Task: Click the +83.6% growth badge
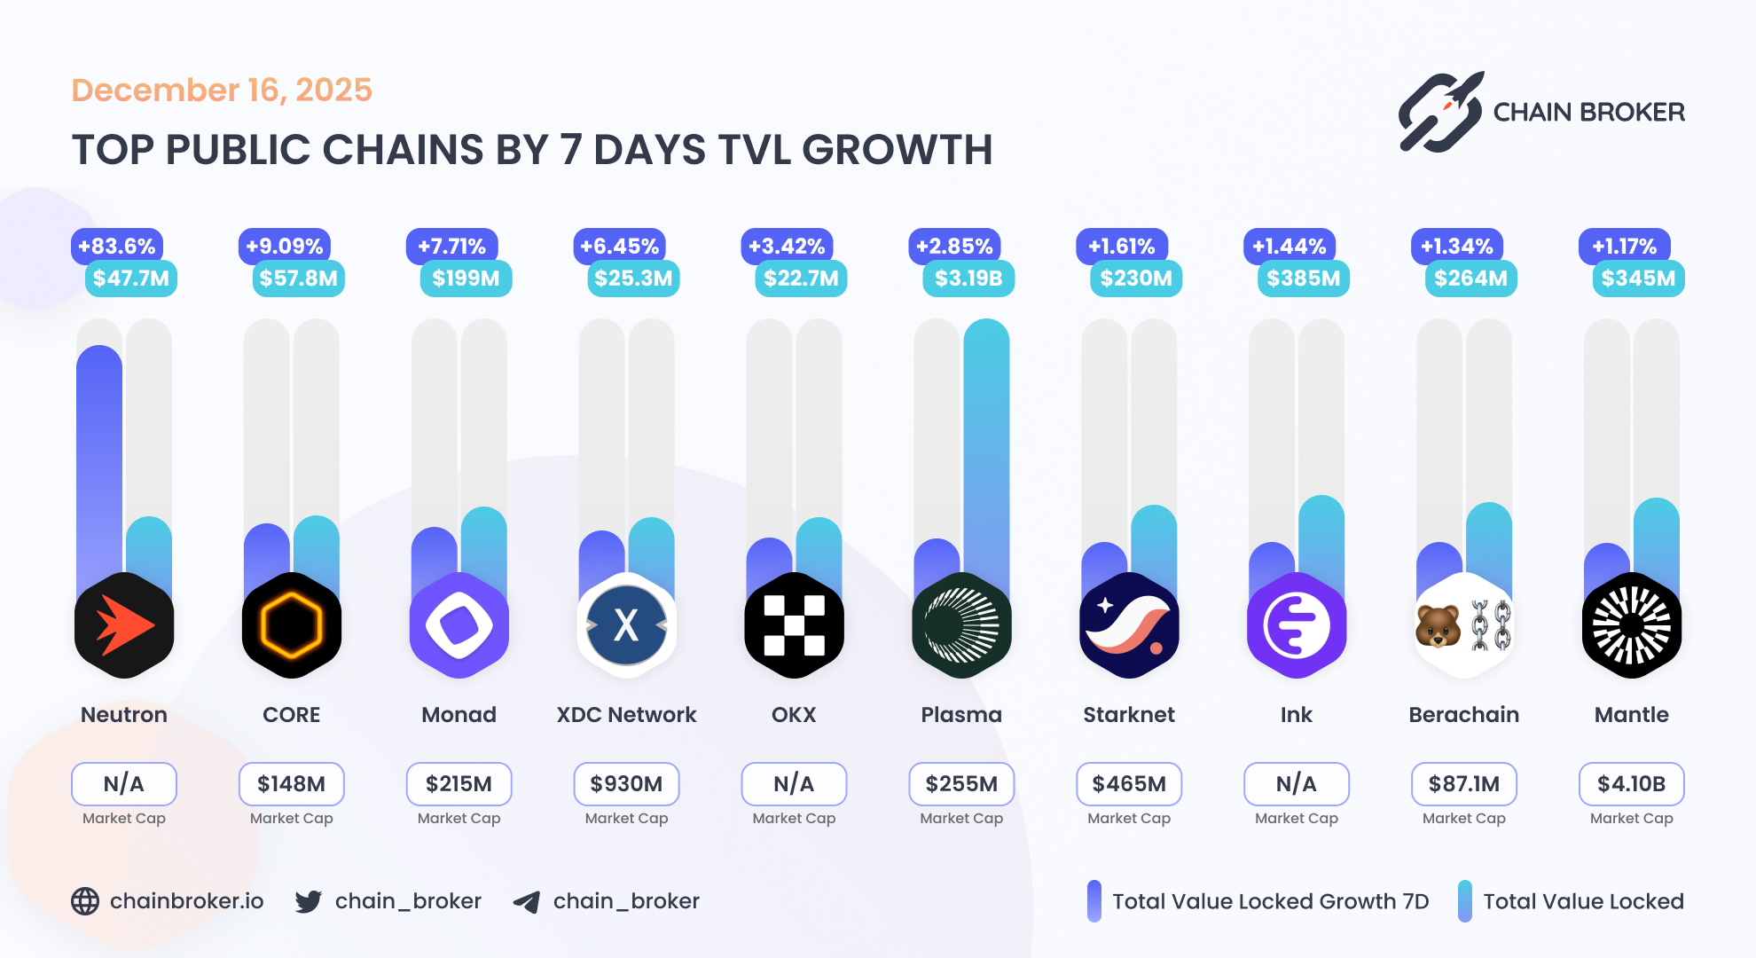pos(116,247)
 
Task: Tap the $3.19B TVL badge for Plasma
pos(968,279)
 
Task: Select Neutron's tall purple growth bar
pos(99,461)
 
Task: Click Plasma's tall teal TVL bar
pos(986,444)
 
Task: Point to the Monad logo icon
pos(459,625)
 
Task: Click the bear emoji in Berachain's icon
pos(1438,625)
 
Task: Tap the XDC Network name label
pos(626,715)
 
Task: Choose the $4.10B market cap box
pos(1631,784)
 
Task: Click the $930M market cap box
pos(626,784)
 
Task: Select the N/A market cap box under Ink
pos(1296,784)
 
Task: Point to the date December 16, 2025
pos(222,90)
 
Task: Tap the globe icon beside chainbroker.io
pos(85,901)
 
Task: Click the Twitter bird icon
pos(309,901)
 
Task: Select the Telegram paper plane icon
pos(527,902)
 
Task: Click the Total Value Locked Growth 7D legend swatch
pos(1094,901)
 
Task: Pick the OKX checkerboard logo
pos(794,625)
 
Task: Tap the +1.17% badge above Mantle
pos(1624,247)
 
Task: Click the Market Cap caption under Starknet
pos(1129,819)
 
